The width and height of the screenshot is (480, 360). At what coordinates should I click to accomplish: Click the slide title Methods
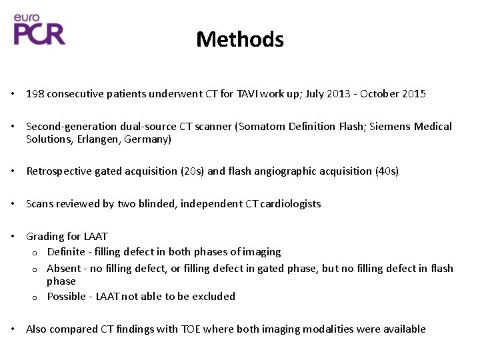[240, 39]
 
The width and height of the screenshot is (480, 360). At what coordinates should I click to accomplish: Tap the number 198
[35, 94]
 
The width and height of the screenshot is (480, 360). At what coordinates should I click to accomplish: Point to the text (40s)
[385, 171]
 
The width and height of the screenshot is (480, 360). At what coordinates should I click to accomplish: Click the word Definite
[66, 252]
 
